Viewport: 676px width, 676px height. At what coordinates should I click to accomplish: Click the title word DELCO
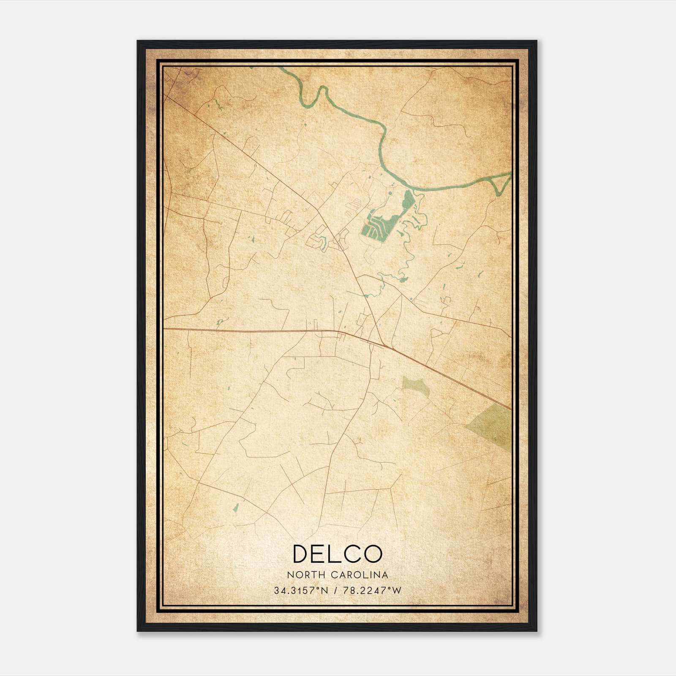(337, 554)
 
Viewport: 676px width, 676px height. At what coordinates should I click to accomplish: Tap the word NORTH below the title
(301, 575)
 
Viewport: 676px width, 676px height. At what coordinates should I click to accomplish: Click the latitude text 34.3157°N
(301, 591)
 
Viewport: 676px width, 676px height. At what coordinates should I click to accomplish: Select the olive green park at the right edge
(492, 425)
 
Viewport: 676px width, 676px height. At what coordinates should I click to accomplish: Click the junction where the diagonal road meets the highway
(385, 345)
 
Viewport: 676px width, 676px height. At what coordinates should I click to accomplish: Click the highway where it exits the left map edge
(165, 328)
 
